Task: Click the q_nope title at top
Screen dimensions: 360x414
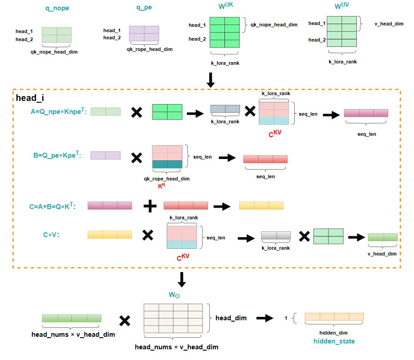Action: click(57, 8)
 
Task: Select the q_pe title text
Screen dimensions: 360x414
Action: click(144, 8)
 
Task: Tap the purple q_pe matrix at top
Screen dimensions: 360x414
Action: click(144, 34)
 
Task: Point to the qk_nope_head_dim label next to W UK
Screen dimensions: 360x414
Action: click(274, 25)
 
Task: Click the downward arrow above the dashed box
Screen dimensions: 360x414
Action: click(211, 79)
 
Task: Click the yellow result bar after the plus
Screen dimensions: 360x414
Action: click(261, 206)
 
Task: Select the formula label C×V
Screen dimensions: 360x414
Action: click(51, 234)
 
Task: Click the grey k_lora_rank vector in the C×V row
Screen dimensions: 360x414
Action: click(276, 236)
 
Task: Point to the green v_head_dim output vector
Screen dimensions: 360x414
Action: click(382, 237)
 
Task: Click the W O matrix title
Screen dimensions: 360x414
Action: click(174, 295)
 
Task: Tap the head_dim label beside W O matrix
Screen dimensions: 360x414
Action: click(231, 318)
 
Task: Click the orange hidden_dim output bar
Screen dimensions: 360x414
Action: click(334, 317)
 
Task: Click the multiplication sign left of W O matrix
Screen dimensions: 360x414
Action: click(125, 320)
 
